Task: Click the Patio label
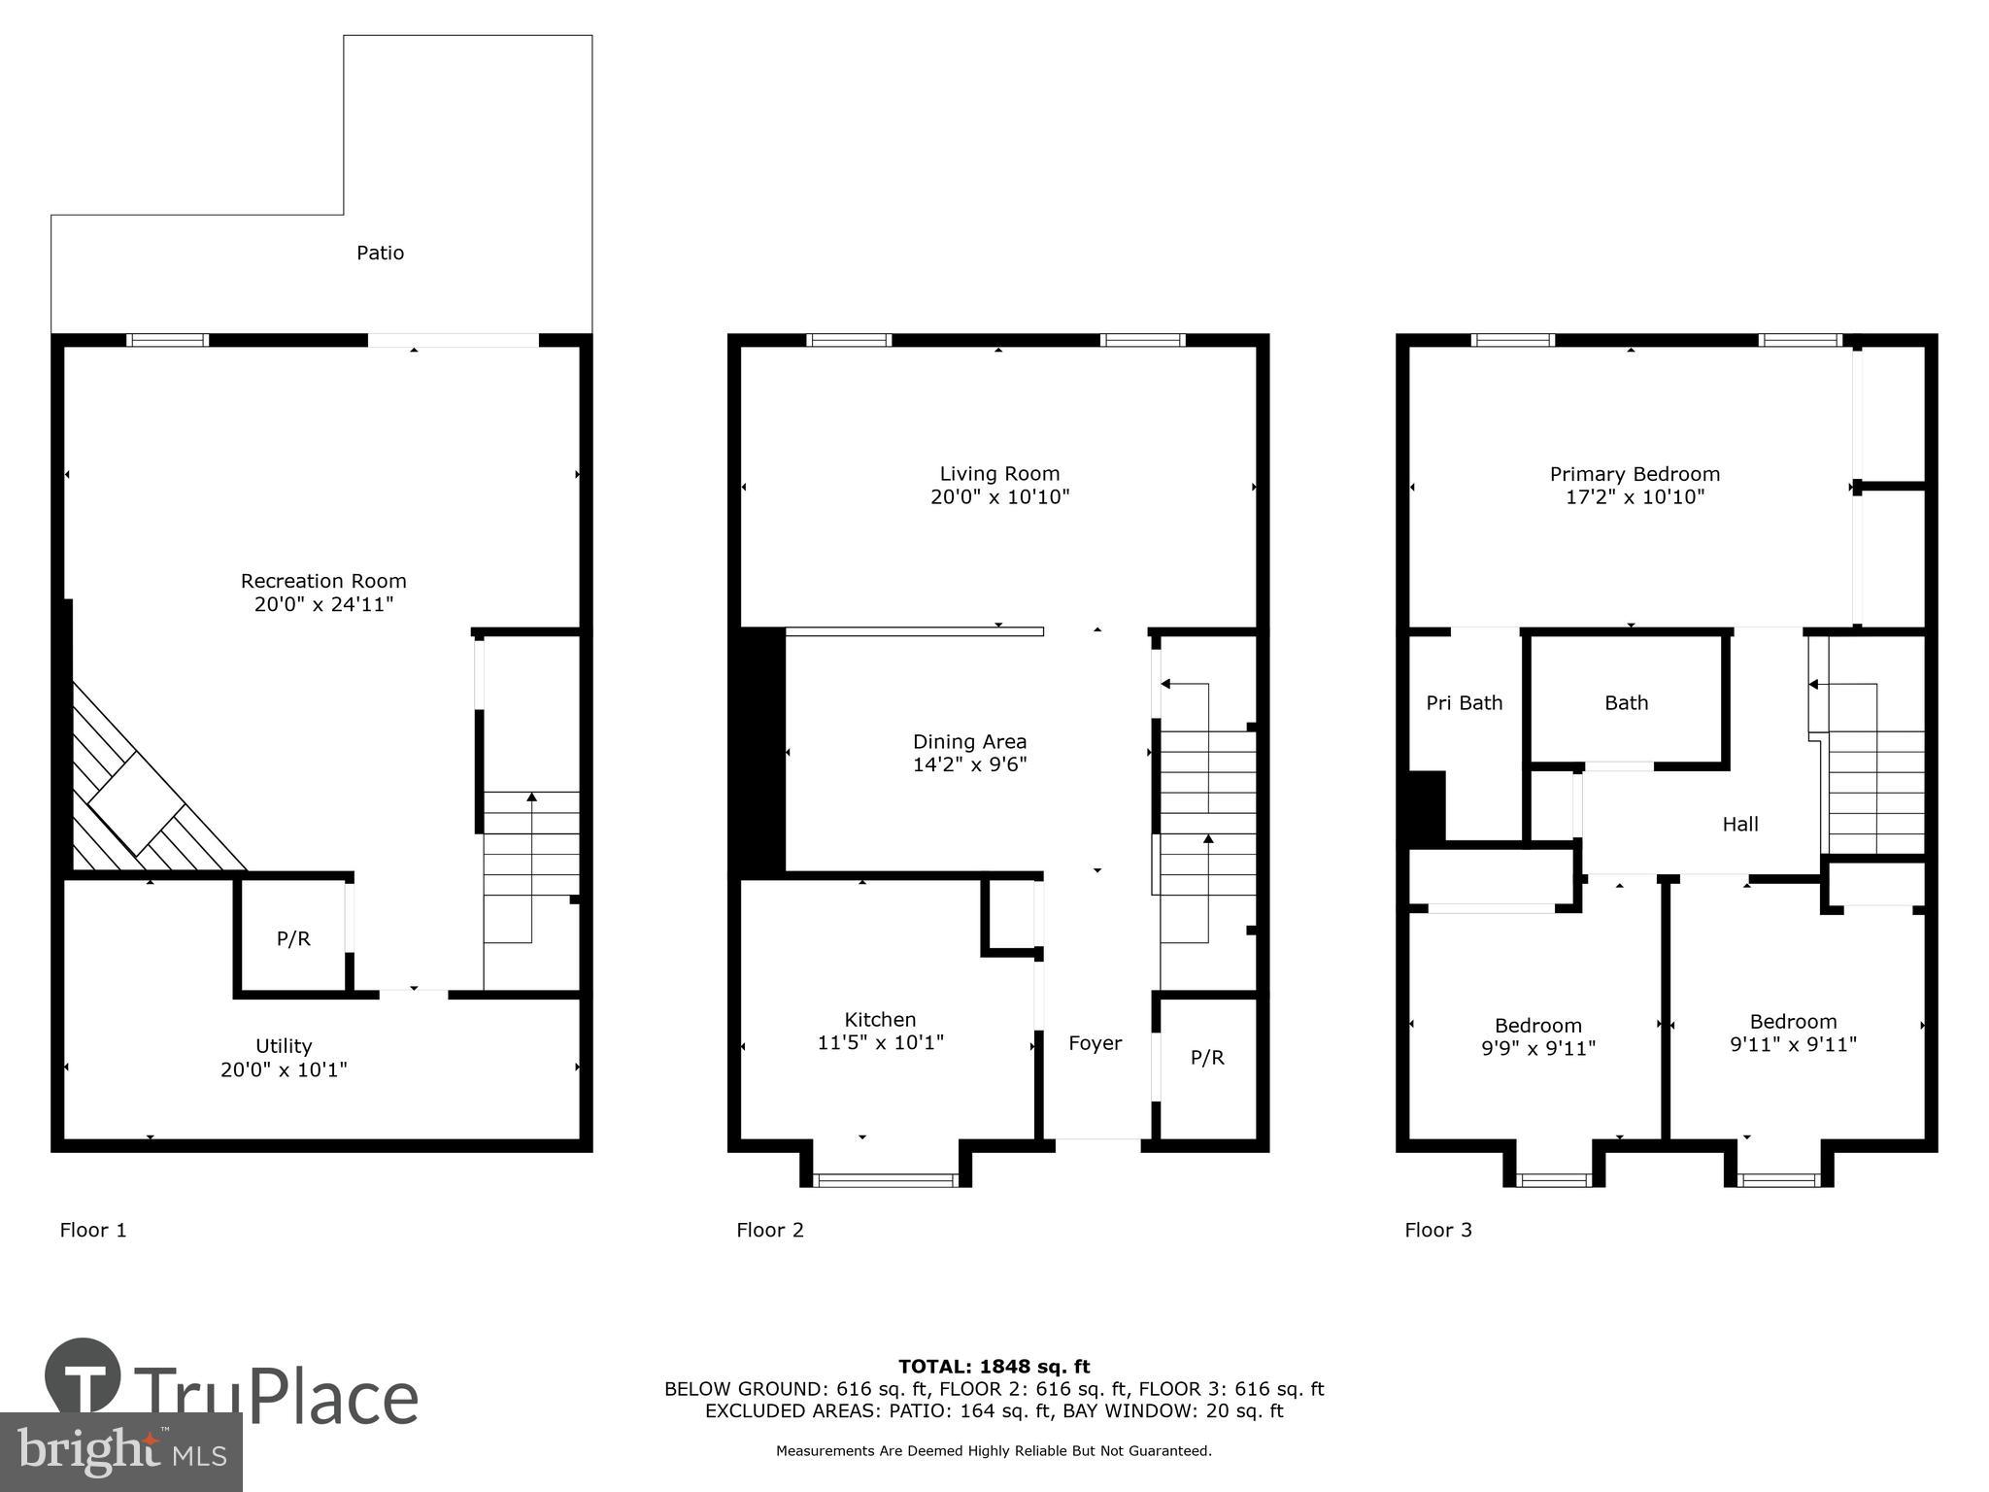(x=380, y=253)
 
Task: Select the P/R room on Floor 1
(x=293, y=938)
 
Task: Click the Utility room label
(x=284, y=1046)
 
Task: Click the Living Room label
(x=999, y=474)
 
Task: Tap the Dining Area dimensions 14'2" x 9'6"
(x=969, y=764)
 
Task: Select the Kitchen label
(x=880, y=1020)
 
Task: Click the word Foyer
(x=1095, y=1043)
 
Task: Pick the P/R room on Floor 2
(x=1207, y=1058)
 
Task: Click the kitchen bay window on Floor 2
(x=885, y=1179)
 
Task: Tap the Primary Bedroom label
(x=1635, y=474)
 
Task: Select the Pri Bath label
(x=1464, y=702)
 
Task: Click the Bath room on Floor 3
(x=1626, y=702)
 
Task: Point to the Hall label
(x=1739, y=824)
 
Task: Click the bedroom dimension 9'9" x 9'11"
(x=1537, y=1049)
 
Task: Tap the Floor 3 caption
(x=1437, y=1230)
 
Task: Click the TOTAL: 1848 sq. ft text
(x=994, y=1367)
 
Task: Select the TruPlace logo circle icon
(x=83, y=1374)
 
